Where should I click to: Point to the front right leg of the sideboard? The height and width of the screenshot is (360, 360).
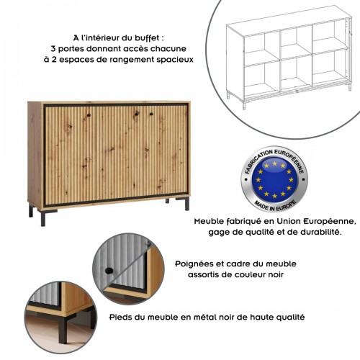click(186, 204)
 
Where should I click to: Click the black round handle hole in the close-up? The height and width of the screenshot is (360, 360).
click(108, 271)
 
